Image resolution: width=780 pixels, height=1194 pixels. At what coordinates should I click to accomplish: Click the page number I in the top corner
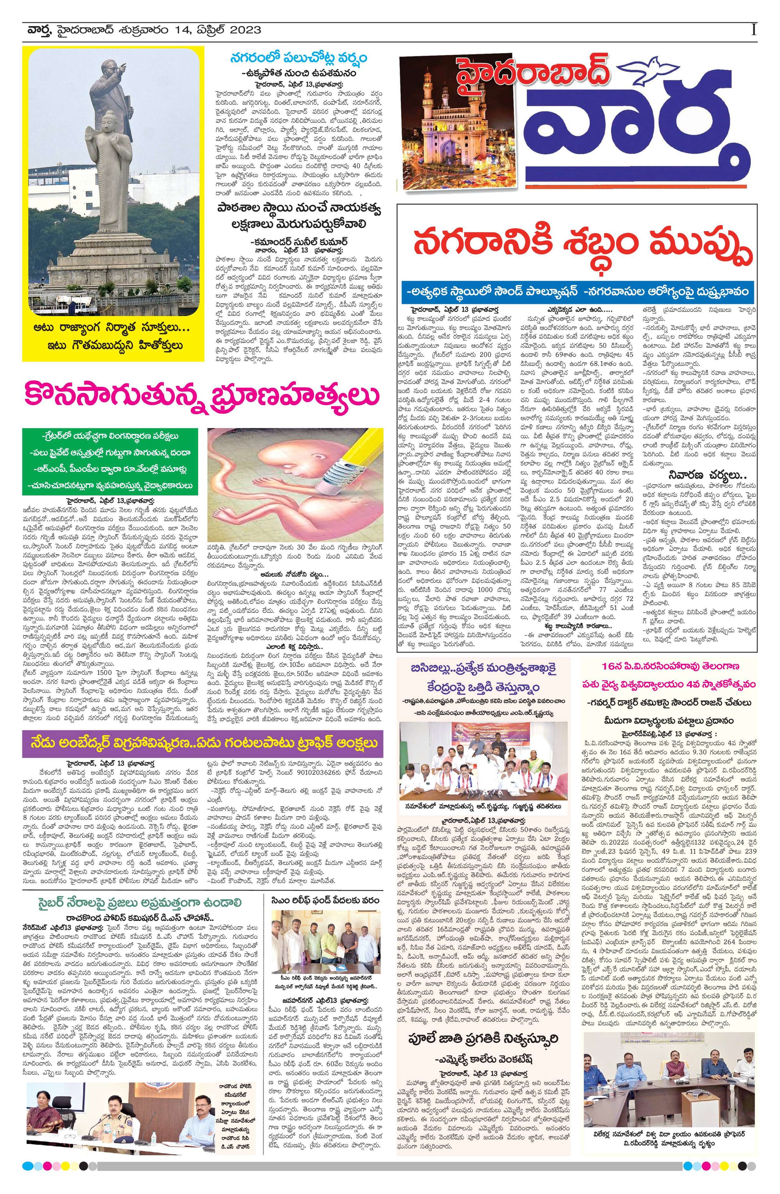tap(753, 30)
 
